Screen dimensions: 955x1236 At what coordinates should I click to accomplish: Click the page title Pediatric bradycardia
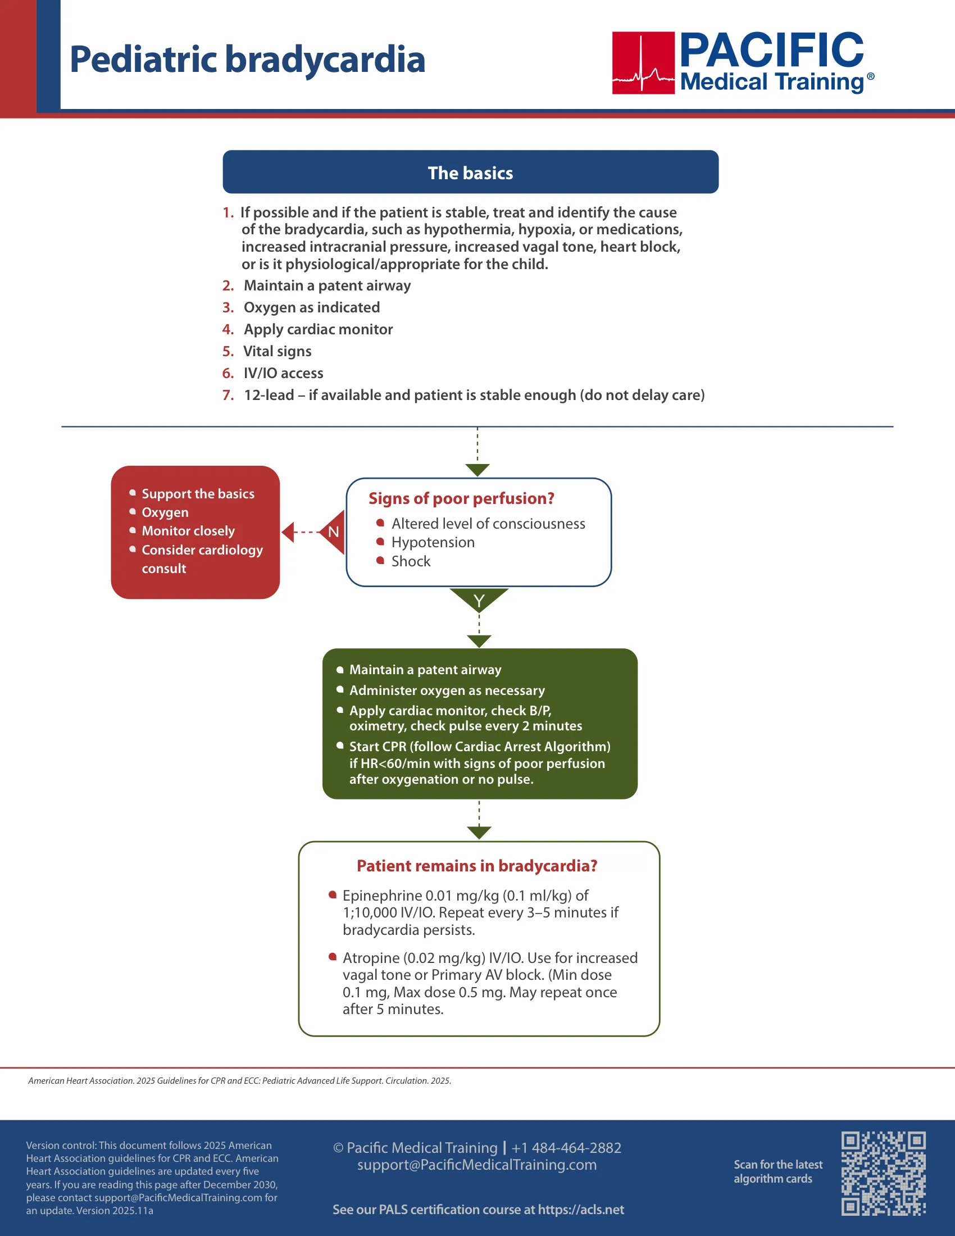pos(247,60)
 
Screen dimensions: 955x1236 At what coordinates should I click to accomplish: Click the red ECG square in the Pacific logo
pos(643,63)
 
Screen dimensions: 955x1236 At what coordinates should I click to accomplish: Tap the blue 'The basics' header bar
pos(471,172)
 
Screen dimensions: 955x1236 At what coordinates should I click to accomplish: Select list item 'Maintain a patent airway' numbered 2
pos(327,285)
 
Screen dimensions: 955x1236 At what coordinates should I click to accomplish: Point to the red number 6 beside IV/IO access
pos(228,373)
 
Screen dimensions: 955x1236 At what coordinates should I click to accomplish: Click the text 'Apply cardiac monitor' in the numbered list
pos(318,329)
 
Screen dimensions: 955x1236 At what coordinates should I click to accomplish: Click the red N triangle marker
pos(332,532)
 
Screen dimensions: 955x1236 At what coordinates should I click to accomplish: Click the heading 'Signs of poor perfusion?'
pos(461,498)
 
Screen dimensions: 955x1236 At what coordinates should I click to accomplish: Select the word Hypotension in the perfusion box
pos(433,542)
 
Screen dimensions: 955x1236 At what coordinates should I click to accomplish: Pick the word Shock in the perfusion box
pos(411,561)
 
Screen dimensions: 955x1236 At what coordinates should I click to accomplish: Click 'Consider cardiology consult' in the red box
pos(202,559)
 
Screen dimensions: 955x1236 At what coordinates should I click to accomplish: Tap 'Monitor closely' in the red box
pos(188,531)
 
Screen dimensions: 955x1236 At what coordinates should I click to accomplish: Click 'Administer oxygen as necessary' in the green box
pos(447,690)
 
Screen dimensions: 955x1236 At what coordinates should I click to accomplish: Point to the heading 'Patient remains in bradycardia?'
pos(477,866)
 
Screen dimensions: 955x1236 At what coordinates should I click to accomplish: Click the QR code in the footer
pos(883,1173)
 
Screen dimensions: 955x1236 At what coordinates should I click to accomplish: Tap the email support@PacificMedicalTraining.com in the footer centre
pos(477,1165)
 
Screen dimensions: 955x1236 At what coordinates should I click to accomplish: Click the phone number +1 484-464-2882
pos(566,1148)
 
